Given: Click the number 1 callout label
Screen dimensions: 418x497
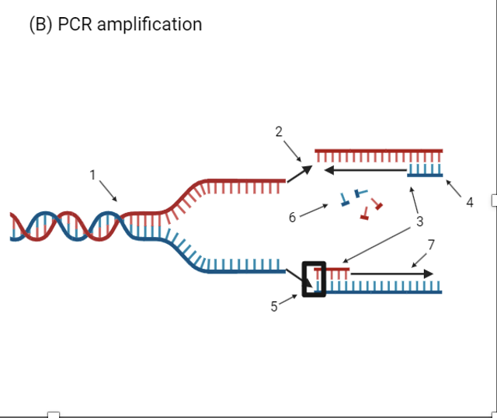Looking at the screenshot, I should click(92, 175).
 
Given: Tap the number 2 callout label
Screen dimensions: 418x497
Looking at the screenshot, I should click(279, 131).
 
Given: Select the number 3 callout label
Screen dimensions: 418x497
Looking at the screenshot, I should click(419, 222).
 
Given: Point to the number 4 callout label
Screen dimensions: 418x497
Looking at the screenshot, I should click(469, 203).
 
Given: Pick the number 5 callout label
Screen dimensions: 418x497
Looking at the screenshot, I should click(274, 306).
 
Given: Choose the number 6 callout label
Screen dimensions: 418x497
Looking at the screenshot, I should click(292, 218).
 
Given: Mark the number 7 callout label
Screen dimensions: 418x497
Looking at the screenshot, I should click(431, 245).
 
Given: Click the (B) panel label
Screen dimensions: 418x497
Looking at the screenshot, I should click(40, 24).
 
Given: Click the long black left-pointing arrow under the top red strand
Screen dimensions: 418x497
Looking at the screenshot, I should click(365, 169).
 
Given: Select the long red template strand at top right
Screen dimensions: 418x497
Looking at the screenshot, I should click(378, 150).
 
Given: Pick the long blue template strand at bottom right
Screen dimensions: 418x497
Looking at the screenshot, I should click(384, 291).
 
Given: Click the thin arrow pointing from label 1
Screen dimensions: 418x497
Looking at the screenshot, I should click(108, 191).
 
